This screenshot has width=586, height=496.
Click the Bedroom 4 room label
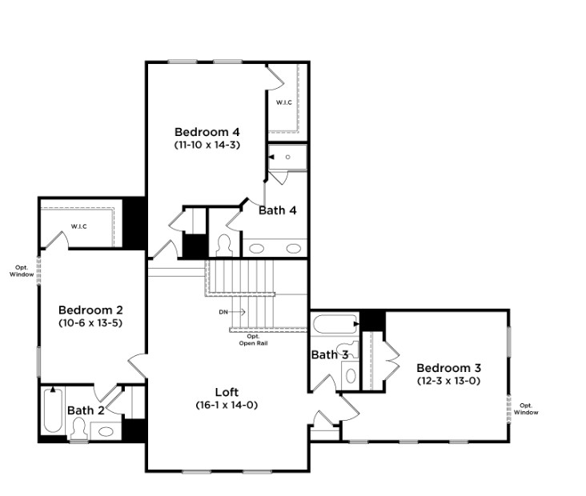click(x=207, y=131)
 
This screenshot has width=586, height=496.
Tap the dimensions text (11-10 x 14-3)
click(x=207, y=145)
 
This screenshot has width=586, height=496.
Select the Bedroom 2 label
click(x=89, y=310)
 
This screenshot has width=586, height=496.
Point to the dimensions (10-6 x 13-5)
click(x=89, y=323)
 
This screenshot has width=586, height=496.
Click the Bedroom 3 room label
click(x=448, y=368)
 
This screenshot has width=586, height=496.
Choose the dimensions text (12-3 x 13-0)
click(x=448, y=381)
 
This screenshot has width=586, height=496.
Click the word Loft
click(x=227, y=392)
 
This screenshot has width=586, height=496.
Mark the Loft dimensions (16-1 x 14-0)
click(x=227, y=405)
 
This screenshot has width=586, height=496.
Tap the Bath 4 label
click(x=278, y=210)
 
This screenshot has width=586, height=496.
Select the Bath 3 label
click(x=329, y=354)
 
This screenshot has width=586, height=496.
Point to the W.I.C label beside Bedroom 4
click(x=284, y=103)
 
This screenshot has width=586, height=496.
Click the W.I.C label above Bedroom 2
click(x=78, y=226)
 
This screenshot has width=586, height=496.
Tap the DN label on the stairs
click(x=223, y=311)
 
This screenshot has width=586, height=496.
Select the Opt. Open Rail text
click(x=251, y=339)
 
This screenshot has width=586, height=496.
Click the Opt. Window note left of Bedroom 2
click(x=22, y=271)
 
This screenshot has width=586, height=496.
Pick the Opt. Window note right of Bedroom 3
click(x=526, y=409)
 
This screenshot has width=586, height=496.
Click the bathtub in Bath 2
click(x=53, y=410)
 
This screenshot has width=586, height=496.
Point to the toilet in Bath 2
click(x=78, y=429)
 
